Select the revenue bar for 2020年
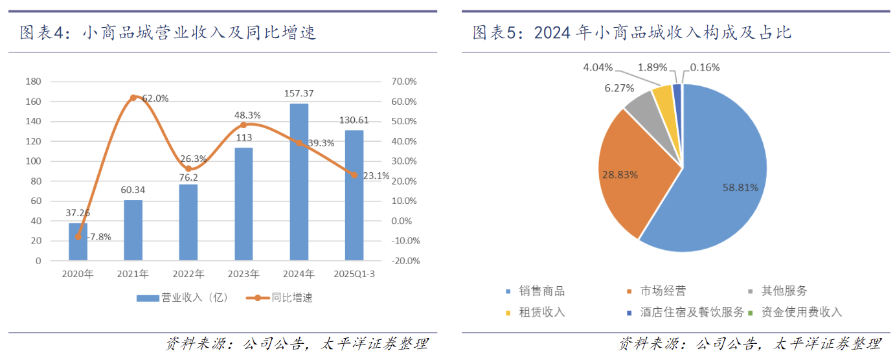click(78, 242)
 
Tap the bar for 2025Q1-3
click(354, 195)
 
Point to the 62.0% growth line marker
click(133, 98)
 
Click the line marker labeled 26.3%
click(188, 168)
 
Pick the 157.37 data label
click(299, 94)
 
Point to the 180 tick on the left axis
click(33, 82)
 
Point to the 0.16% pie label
click(705, 67)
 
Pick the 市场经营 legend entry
click(661, 291)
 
